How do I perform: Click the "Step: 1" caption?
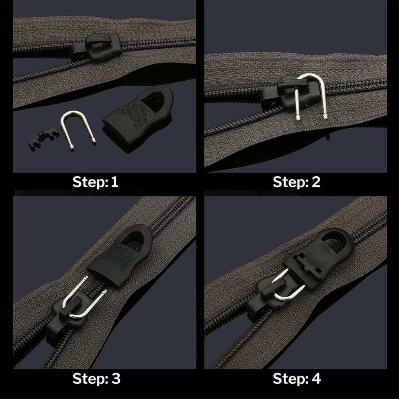click(95, 182)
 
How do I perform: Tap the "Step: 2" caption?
click(297, 182)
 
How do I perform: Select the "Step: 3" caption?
click(97, 378)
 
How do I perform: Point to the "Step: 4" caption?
click(297, 378)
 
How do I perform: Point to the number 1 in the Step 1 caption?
click(114, 182)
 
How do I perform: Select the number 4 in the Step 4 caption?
click(316, 378)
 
